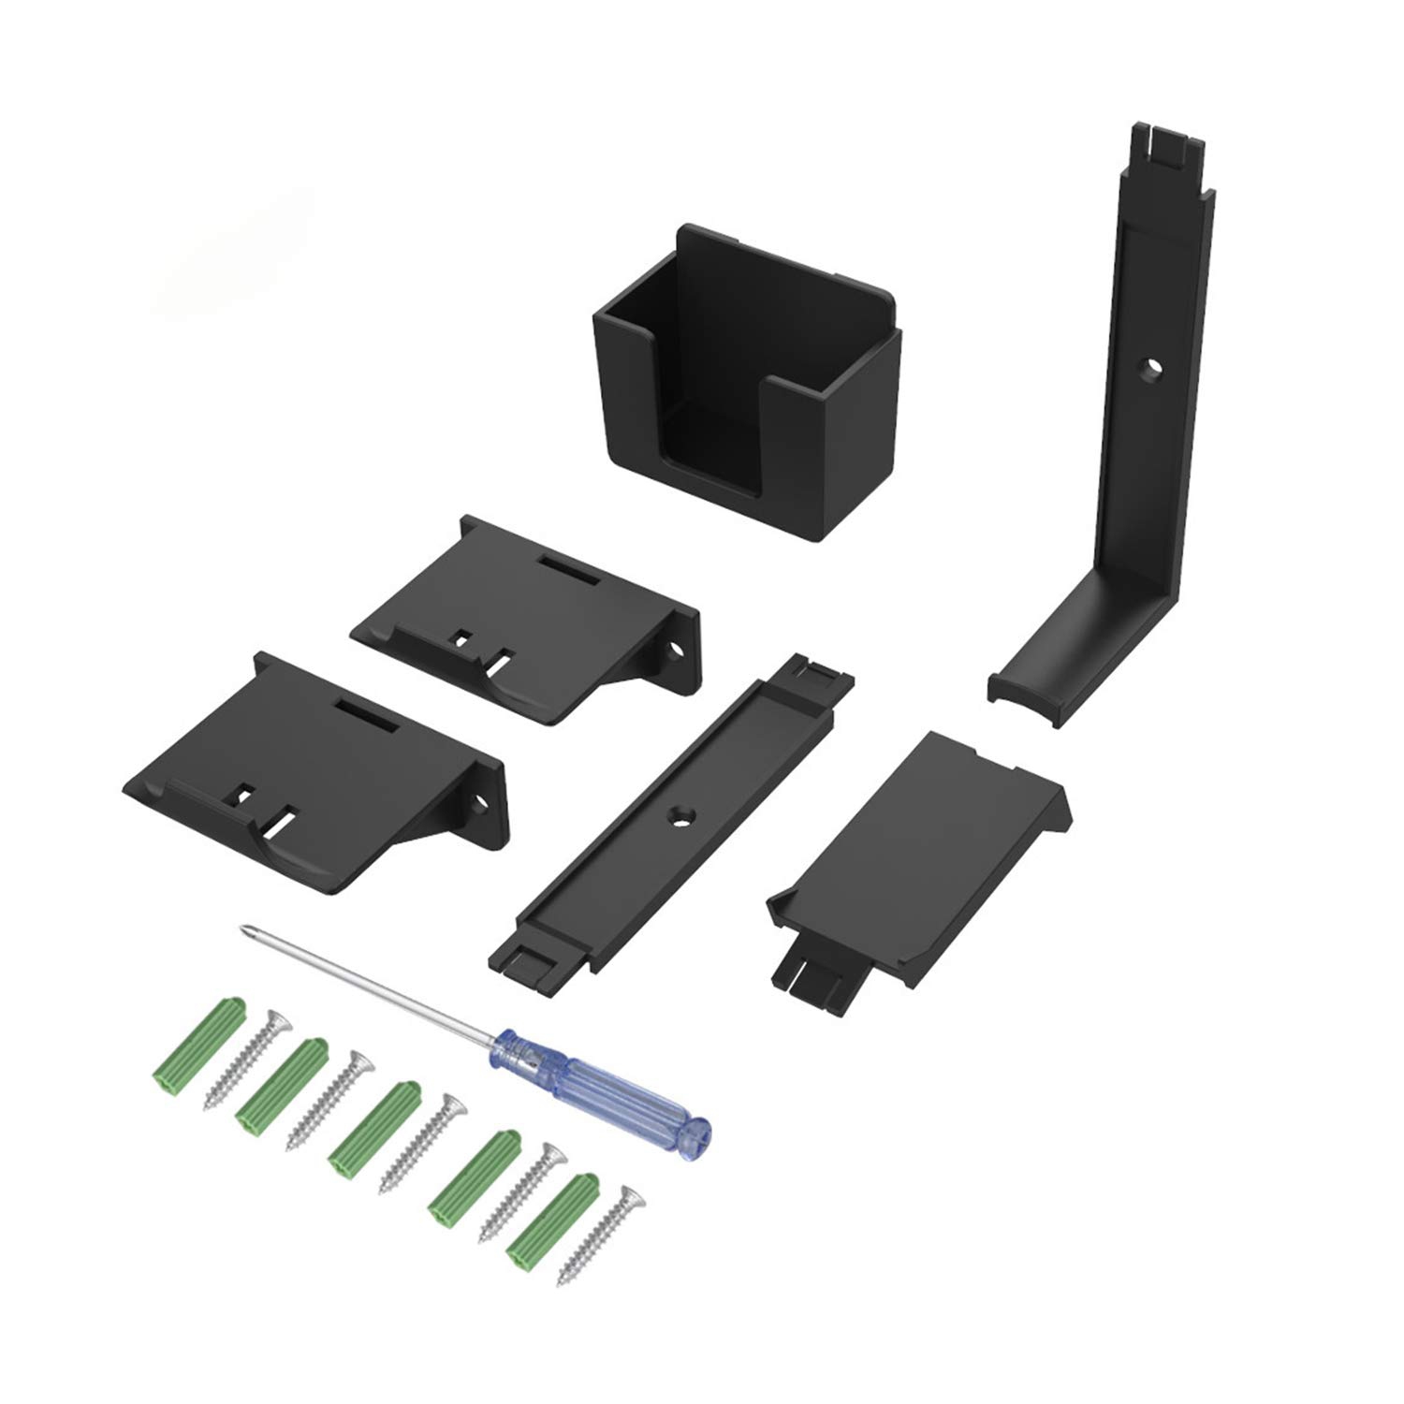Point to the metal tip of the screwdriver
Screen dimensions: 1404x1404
click(x=246, y=929)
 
